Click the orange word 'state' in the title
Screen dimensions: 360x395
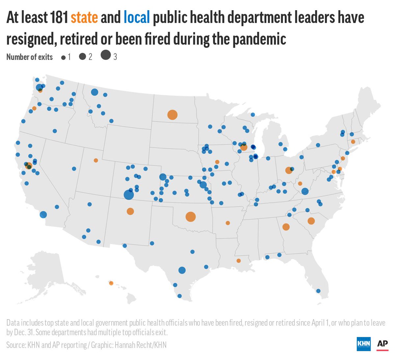tap(84, 17)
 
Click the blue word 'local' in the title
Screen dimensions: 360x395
tap(137, 17)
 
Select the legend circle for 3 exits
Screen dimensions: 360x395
tap(106, 55)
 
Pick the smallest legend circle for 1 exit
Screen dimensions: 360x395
tap(63, 58)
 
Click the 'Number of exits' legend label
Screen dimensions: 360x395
tap(29, 57)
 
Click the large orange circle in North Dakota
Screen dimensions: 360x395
tap(172, 115)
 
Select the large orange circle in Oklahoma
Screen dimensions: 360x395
tap(190, 217)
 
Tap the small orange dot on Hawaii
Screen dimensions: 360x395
tap(111, 283)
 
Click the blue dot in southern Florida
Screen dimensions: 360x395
tap(318, 291)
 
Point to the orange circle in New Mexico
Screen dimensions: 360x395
tap(130, 211)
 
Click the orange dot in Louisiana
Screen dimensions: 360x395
tap(239, 261)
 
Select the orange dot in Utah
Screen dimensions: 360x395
tap(96, 160)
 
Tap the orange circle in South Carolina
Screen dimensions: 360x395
tap(311, 221)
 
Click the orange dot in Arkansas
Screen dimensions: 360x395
tap(228, 223)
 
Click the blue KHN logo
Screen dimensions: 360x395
tap(364, 344)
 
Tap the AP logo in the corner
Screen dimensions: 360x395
tap(382, 344)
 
